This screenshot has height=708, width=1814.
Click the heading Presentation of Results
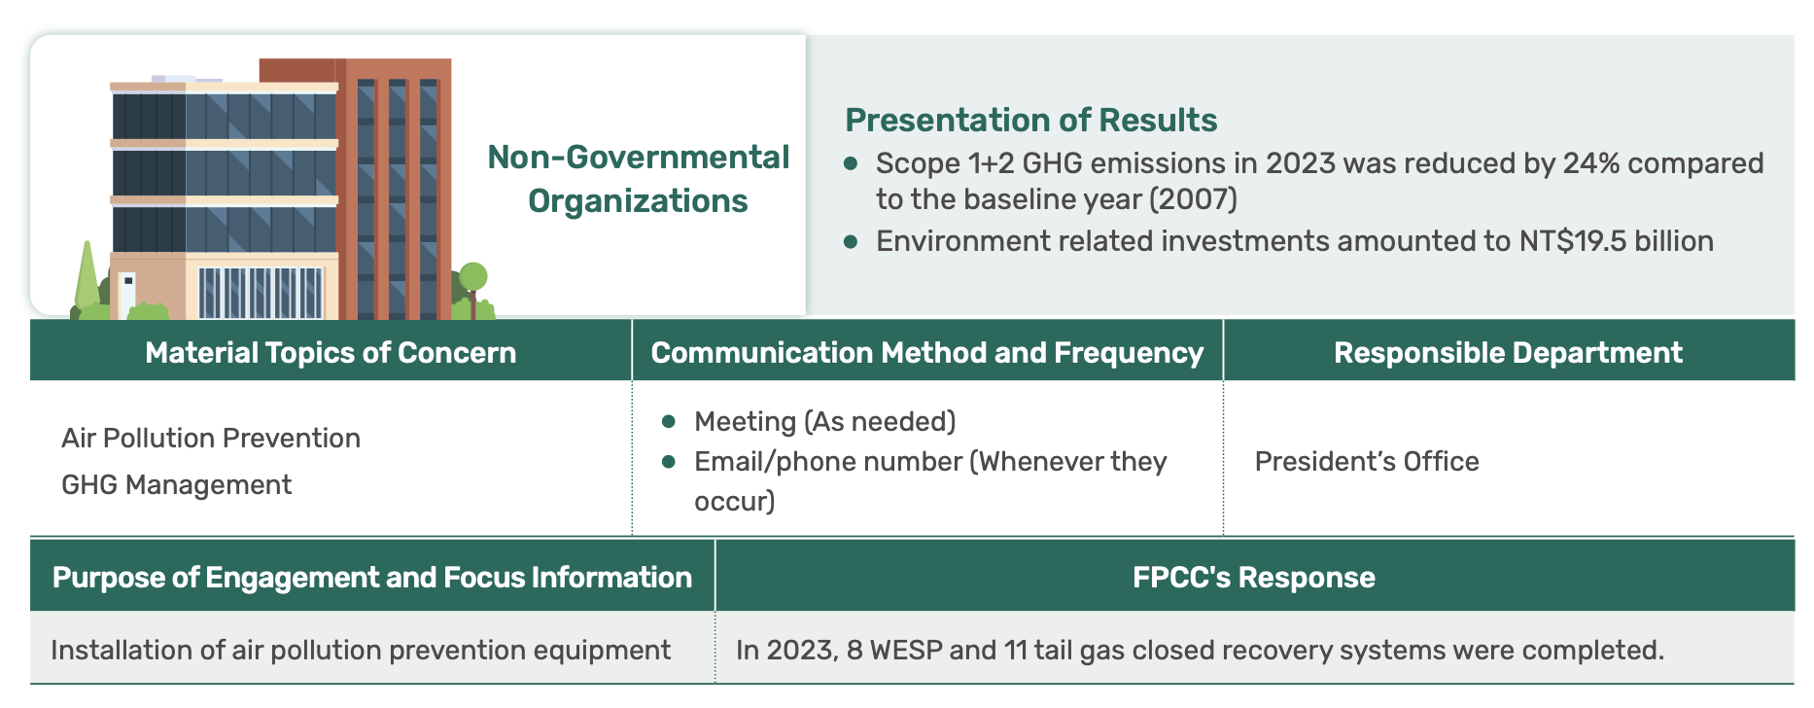pyautogui.click(x=1030, y=120)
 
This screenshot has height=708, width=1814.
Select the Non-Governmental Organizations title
pyautogui.click(x=638, y=179)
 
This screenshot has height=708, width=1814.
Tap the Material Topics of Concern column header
pyautogui.click(x=331, y=352)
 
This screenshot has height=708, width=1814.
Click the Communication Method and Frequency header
pyautogui.click(x=927, y=352)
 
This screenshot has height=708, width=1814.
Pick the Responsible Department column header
pyautogui.click(x=1508, y=352)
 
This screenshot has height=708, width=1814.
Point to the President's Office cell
pyautogui.click(x=1367, y=461)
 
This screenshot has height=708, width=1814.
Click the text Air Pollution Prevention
pyautogui.click(x=211, y=438)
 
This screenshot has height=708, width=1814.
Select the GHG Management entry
pyautogui.click(x=176, y=484)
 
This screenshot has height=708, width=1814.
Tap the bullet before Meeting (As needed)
pyautogui.click(x=668, y=421)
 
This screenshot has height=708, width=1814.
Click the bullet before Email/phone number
pyautogui.click(x=668, y=461)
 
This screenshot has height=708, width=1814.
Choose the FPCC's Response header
pyautogui.click(x=1254, y=577)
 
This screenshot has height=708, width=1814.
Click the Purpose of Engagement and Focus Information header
pyautogui.click(x=372, y=577)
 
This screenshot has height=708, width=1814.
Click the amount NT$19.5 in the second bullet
pyautogui.click(x=1573, y=240)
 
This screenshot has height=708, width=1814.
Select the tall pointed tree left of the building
pyautogui.click(x=87, y=276)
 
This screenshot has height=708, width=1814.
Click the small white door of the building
pyautogui.click(x=127, y=293)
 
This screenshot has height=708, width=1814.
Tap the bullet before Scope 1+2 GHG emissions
pyautogui.click(x=851, y=163)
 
